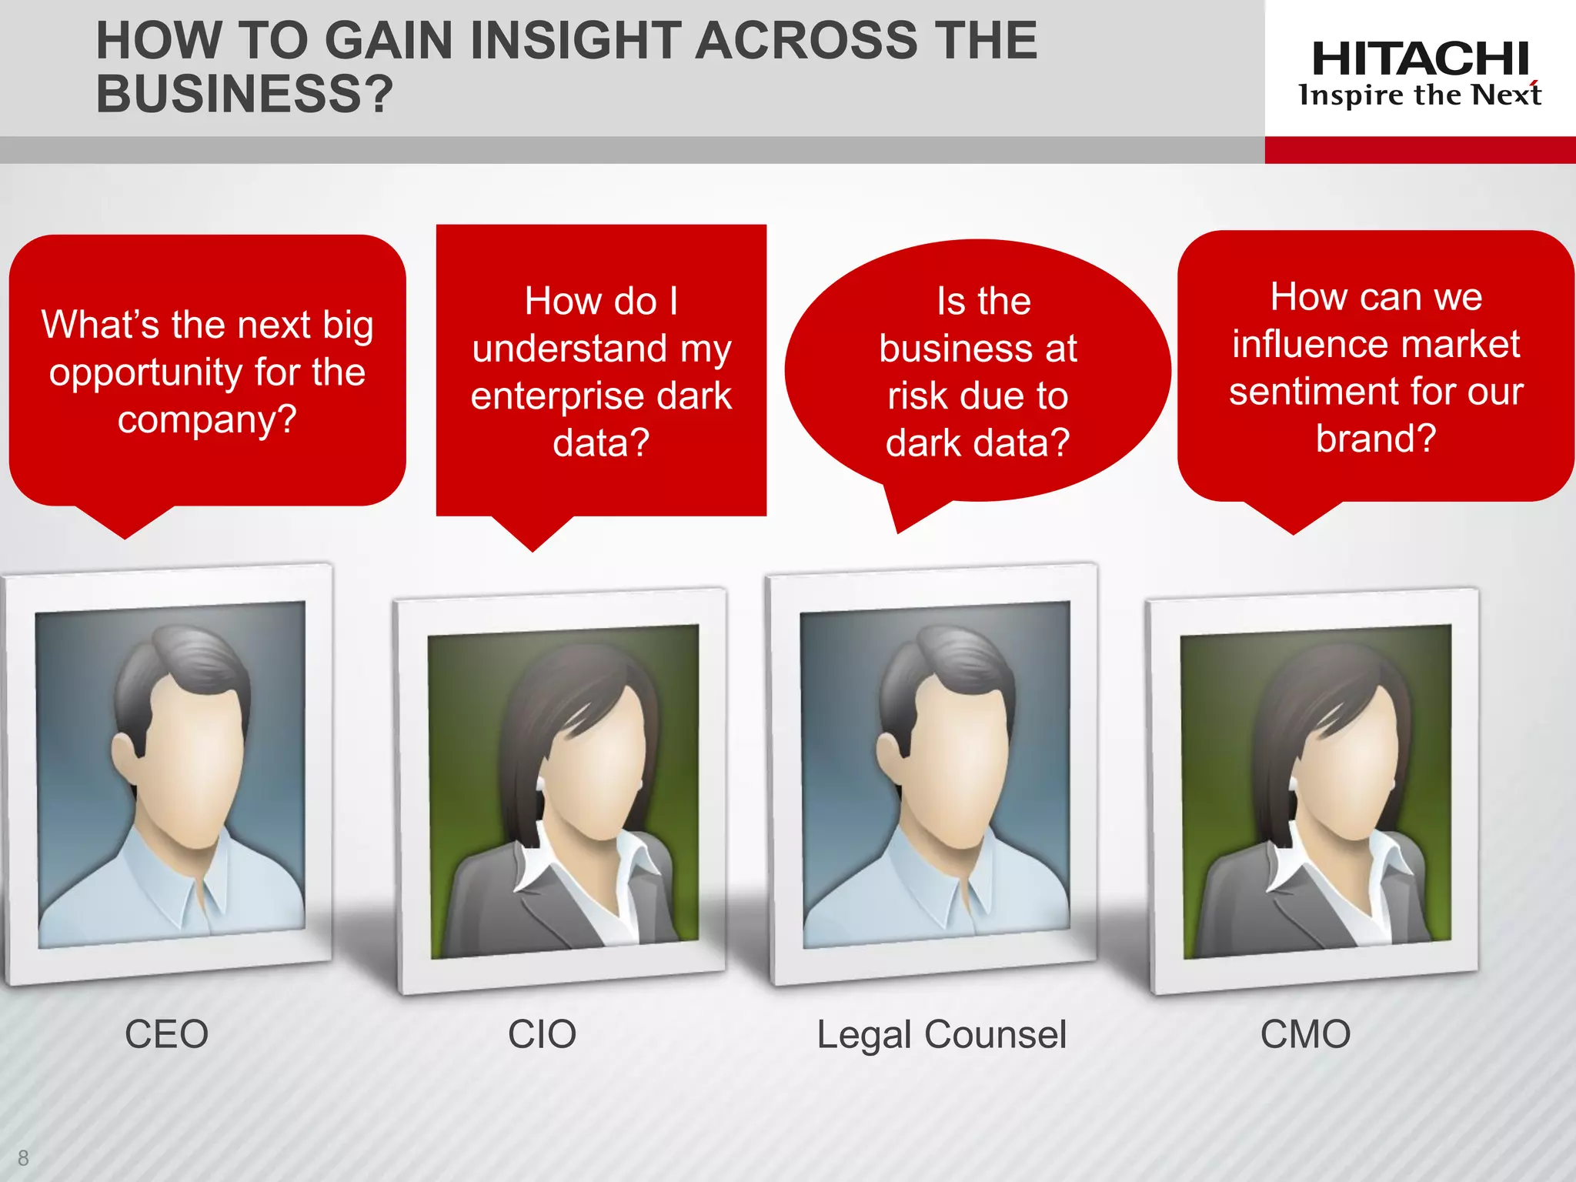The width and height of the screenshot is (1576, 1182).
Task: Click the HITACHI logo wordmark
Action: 1420,58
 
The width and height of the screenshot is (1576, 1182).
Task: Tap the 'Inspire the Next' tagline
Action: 1420,95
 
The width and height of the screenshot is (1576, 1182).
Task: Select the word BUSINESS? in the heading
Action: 244,94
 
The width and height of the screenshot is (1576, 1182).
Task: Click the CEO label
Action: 166,1033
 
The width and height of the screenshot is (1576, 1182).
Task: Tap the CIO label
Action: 542,1033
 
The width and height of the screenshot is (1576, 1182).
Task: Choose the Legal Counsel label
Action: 941,1034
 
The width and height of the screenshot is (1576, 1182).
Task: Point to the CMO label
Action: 1305,1033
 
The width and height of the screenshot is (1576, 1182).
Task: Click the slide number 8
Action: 23,1157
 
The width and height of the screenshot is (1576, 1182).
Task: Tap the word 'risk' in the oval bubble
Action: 916,396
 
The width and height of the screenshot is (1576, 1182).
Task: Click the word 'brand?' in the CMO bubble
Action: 1375,439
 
